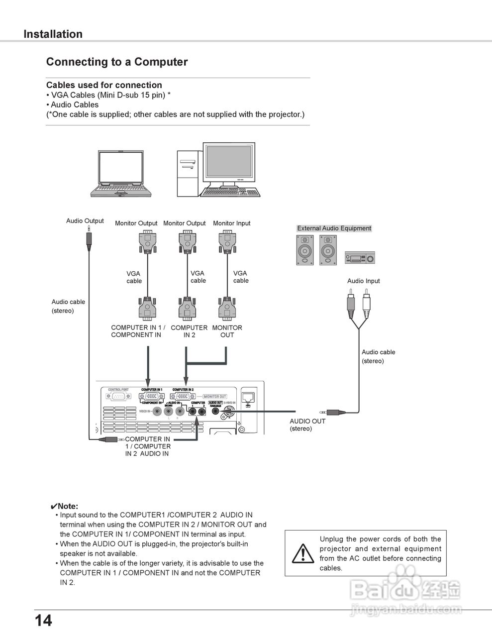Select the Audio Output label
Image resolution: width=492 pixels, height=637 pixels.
click(x=85, y=221)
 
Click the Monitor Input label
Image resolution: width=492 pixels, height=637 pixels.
click(x=231, y=223)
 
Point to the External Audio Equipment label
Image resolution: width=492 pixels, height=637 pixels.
click(x=334, y=228)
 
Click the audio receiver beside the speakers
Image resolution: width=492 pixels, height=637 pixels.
click(x=360, y=258)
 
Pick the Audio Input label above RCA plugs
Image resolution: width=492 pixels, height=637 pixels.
click(x=363, y=281)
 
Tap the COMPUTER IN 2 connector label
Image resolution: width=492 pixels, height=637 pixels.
click(x=189, y=331)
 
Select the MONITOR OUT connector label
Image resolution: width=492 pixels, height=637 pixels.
click(x=227, y=331)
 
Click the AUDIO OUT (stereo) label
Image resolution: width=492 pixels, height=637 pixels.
click(x=307, y=425)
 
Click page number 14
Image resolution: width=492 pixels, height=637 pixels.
click(x=43, y=621)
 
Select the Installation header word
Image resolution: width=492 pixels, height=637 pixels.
click(x=53, y=34)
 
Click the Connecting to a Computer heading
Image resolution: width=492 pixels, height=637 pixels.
click(x=117, y=62)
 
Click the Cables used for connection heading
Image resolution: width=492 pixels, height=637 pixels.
click(x=104, y=85)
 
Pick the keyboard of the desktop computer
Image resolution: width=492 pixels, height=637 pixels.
click(x=229, y=192)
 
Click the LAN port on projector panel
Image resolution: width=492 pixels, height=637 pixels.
click(x=247, y=397)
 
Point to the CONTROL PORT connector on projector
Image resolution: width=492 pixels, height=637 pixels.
click(x=118, y=397)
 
